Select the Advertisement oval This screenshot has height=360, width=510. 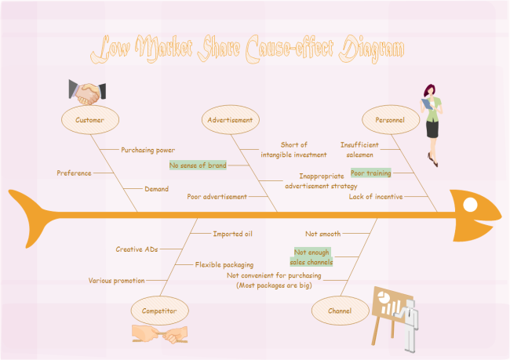(231, 120)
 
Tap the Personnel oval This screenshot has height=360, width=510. (390, 120)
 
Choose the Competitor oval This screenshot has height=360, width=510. (159, 311)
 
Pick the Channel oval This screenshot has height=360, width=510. (339, 311)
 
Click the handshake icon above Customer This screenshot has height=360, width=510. (87, 91)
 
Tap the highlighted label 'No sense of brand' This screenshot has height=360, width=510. (198, 165)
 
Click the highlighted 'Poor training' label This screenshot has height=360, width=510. (370, 173)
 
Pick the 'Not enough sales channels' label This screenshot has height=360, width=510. (312, 257)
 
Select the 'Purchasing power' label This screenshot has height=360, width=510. (148, 149)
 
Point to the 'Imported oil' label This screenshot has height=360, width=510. (232, 233)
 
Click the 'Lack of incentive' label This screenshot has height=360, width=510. (375, 196)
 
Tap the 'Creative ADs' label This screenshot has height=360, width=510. (137, 249)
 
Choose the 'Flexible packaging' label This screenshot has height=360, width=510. (224, 264)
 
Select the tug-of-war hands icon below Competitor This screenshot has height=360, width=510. (159, 333)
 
